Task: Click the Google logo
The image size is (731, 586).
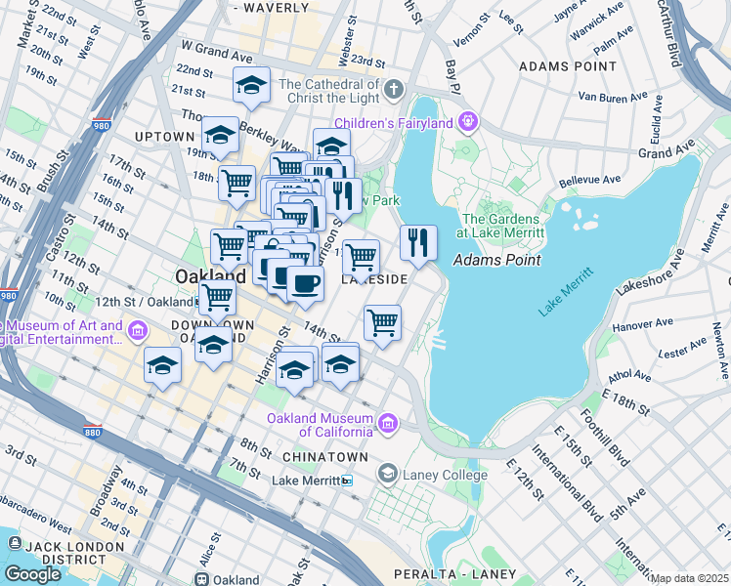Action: pyautogui.click(x=31, y=574)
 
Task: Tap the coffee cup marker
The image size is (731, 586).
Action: pyautogui.click(x=305, y=284)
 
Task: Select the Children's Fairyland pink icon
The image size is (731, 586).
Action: pyautogui.click(x=469, y=122)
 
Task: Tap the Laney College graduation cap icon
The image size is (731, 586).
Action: pyautogui.click(x=387, y=476)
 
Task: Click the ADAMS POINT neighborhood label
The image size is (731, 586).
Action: pyautogui.click(x=568, y=66)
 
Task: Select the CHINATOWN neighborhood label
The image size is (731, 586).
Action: pyautogui.click(x=325, y=457)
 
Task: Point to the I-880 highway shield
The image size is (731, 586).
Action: pyautogui.click(x=93, y=404)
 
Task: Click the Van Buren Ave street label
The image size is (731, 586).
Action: pyautogui.click(x=615, y=97)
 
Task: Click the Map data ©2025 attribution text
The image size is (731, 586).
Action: pyautogui.click(x=689, y=578)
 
